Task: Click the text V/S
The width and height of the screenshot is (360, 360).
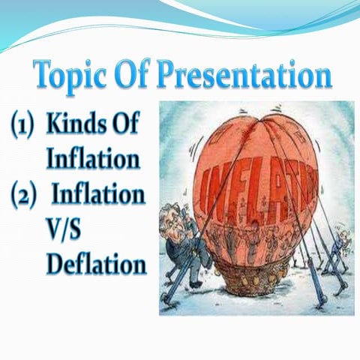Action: coord(67,230)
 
